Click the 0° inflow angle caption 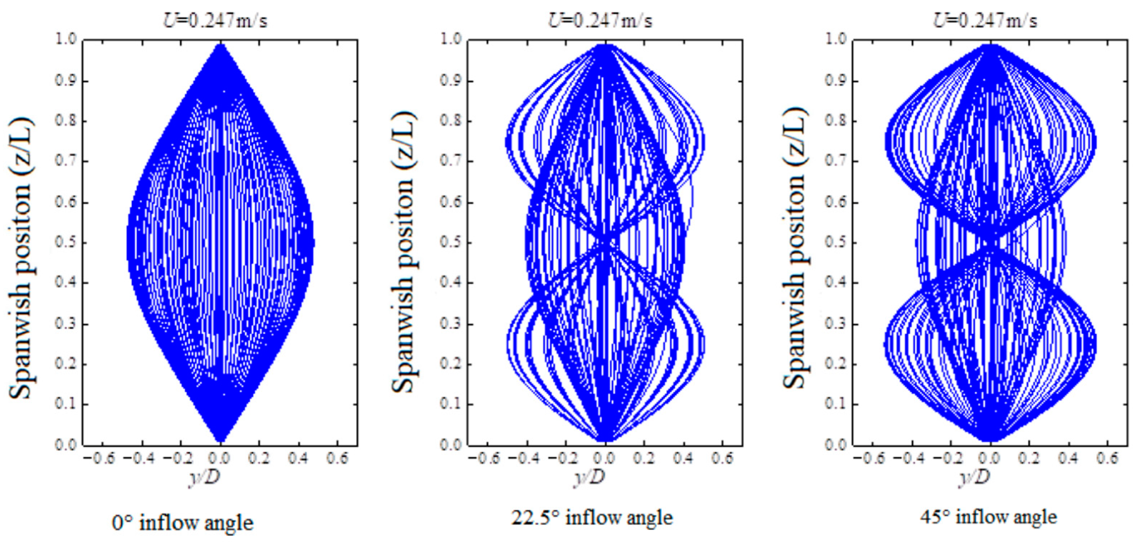183,523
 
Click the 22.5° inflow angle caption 592,517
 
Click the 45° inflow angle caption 988,517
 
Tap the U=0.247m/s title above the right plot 985,21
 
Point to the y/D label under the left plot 205,477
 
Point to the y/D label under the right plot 974,477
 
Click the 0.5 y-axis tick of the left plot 67,243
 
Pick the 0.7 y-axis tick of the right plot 836,161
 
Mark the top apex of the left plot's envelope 220,44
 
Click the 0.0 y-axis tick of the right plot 836,444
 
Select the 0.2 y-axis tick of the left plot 67,364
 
